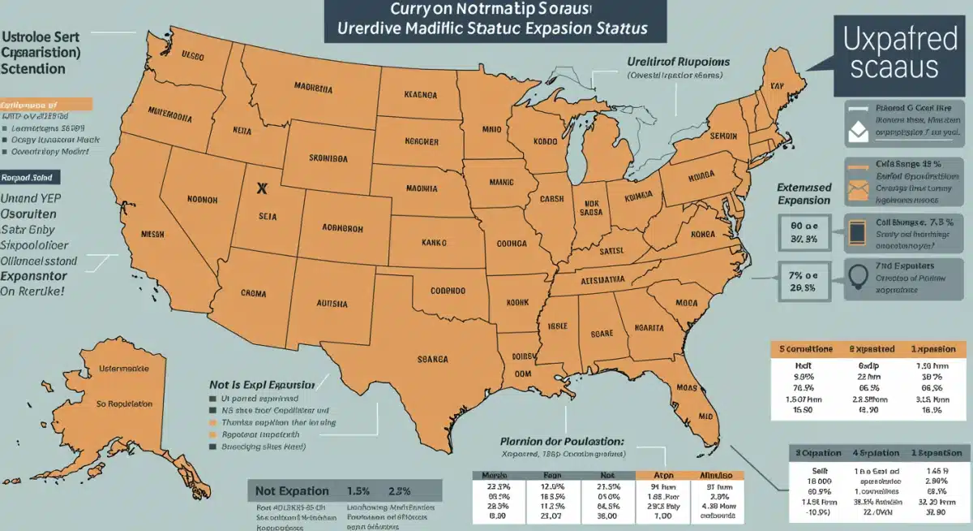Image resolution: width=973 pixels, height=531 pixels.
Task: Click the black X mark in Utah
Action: click(x=261, y=188)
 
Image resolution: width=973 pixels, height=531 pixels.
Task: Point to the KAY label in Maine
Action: click(x=777, y=84)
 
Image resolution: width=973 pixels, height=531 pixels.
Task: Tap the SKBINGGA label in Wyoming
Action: click(x=331, y=158)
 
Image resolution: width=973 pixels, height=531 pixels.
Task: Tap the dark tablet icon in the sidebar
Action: click(x=858, y=231)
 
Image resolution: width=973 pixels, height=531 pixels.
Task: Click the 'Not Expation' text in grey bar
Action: click(x=293, y=490)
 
